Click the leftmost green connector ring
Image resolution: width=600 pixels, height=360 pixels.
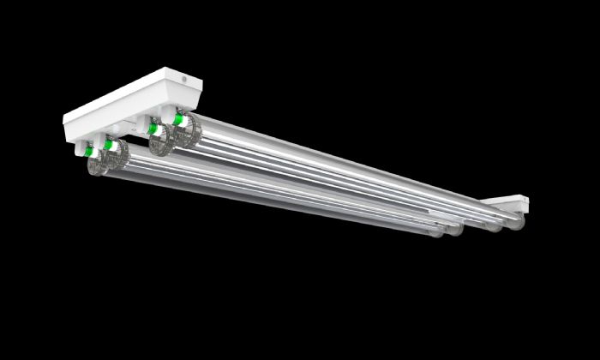pos(89,152)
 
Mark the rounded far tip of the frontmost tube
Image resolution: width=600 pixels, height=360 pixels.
pos(439,232)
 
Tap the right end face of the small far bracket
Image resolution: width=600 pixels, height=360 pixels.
pos(525,204)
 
